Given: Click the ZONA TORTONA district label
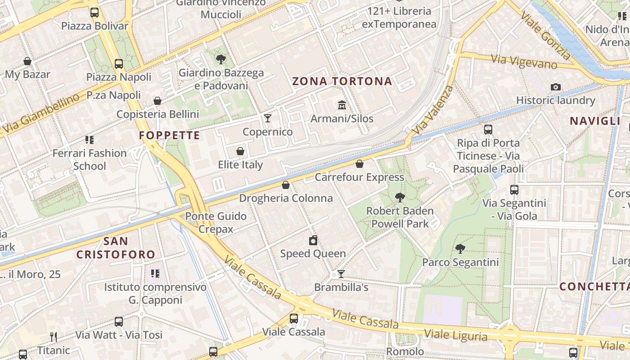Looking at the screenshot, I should [x=342, y=81].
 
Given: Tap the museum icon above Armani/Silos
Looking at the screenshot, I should [x=342, y=105].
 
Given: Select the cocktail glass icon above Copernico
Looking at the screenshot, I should [x=268, y=118].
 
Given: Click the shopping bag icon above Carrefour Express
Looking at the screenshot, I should [x=359, y=164].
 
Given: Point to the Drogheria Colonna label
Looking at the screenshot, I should [x=286, y=198].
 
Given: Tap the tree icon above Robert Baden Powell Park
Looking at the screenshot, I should [x=400, y=197].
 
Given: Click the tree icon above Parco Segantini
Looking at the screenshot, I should [x=460, y=248].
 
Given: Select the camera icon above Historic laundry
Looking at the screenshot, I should [x=556, y=87].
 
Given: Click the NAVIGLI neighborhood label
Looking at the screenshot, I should [x=595, y=121].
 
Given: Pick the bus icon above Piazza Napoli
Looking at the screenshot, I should [x=119, y=64].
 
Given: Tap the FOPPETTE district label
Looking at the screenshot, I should [x=169, y=135].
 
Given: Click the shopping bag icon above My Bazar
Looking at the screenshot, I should [x=27, y=61].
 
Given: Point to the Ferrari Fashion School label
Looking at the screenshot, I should [x=90, y=159].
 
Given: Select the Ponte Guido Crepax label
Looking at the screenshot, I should [x=216, y=222].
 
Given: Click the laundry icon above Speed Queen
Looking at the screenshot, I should [x=313, y=240].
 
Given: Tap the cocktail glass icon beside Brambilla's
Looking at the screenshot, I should [x=341, y=274].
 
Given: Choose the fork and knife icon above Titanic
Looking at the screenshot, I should [x=54, y=337].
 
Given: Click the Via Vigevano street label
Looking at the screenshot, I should [x=524, y=62].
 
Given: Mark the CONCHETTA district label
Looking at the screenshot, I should [x=594, y=287].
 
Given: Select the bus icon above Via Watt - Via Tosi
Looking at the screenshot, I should [x=119, y=322].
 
